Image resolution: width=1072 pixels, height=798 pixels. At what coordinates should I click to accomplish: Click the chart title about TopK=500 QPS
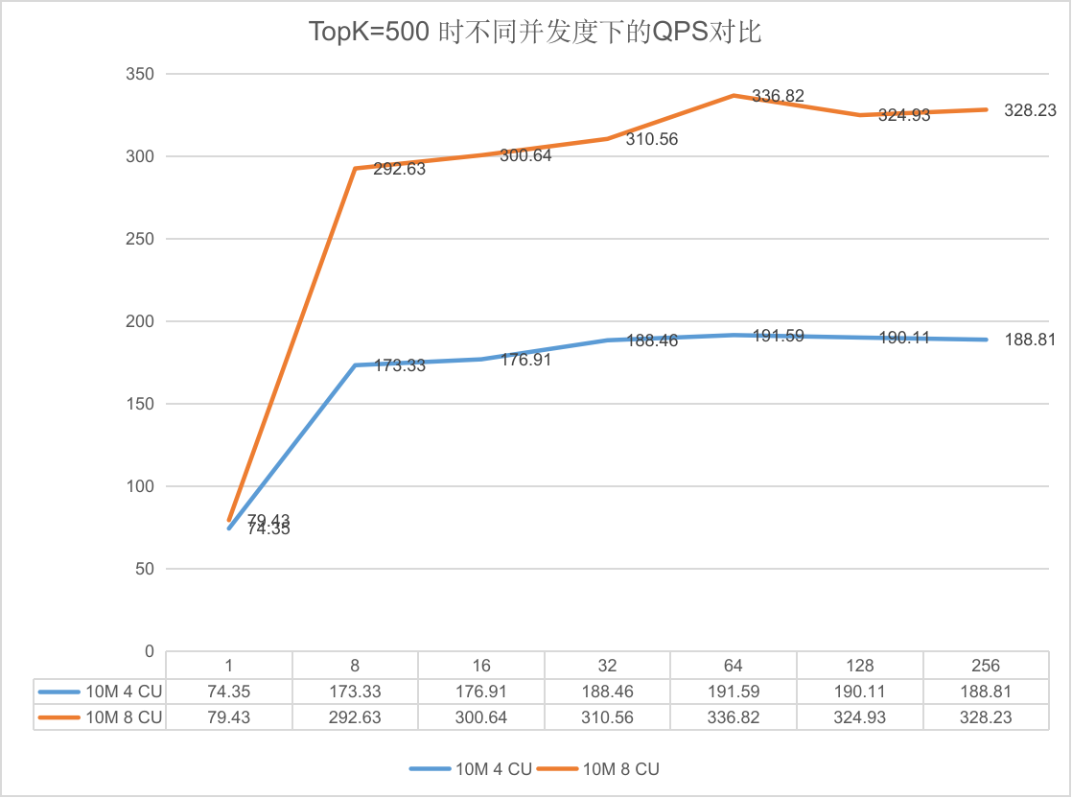pos(535,32)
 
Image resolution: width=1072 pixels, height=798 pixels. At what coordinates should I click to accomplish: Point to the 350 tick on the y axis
pos(139,74)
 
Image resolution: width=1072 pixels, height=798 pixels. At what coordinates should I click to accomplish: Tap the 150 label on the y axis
pos(139,404)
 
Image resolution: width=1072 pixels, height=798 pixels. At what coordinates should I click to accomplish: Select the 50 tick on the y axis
pos(144,568)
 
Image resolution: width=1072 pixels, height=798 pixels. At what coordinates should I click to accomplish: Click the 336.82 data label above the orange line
pos(778,96)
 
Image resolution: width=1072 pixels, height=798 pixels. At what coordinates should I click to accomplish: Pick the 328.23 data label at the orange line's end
pos(1031,110)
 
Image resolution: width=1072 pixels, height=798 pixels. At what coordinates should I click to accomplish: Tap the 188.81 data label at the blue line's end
pos(1031,340)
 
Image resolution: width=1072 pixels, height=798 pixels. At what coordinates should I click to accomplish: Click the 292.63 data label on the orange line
pos(399,168)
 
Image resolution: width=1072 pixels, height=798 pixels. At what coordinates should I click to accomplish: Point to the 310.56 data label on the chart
pos(651,139)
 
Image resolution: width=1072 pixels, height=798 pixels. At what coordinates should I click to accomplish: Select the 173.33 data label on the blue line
pos(399,365)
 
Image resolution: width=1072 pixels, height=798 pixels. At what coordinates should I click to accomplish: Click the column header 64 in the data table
pos(733,666)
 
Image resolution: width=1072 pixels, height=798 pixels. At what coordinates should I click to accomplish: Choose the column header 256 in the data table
pos(985,666)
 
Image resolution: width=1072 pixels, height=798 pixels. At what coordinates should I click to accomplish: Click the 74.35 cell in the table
pos(228,692)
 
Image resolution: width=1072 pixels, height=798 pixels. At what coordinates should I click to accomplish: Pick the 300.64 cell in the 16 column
pos(480,717)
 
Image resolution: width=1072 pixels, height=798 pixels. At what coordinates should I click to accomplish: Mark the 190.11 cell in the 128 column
pos(859,692)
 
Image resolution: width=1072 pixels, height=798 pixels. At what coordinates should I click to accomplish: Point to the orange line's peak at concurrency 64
pos(734,95)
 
